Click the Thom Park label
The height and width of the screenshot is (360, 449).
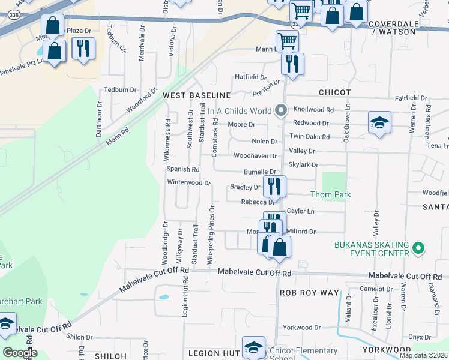pos(331,195)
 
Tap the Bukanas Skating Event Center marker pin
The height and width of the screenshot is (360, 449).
pos(420,247)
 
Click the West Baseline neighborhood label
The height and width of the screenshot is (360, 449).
pos(197,95)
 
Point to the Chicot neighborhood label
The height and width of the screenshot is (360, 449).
pos(334,92)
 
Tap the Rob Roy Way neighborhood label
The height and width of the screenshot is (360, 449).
pos(310,292)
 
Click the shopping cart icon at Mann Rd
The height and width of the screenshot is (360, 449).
pos(288,41)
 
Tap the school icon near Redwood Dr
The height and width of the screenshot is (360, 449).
pos(379,122)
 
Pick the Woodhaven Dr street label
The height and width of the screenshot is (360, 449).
pos(255,156)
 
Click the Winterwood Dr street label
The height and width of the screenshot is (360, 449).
pos(189,182)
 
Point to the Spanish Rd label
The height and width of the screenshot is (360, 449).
pos(183,170)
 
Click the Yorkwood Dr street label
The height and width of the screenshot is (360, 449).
pos(302,328)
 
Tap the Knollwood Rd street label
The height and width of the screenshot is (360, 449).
pos(313,110)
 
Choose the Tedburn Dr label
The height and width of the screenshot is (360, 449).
pos(121,89)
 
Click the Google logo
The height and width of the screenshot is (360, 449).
pos(20,353)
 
